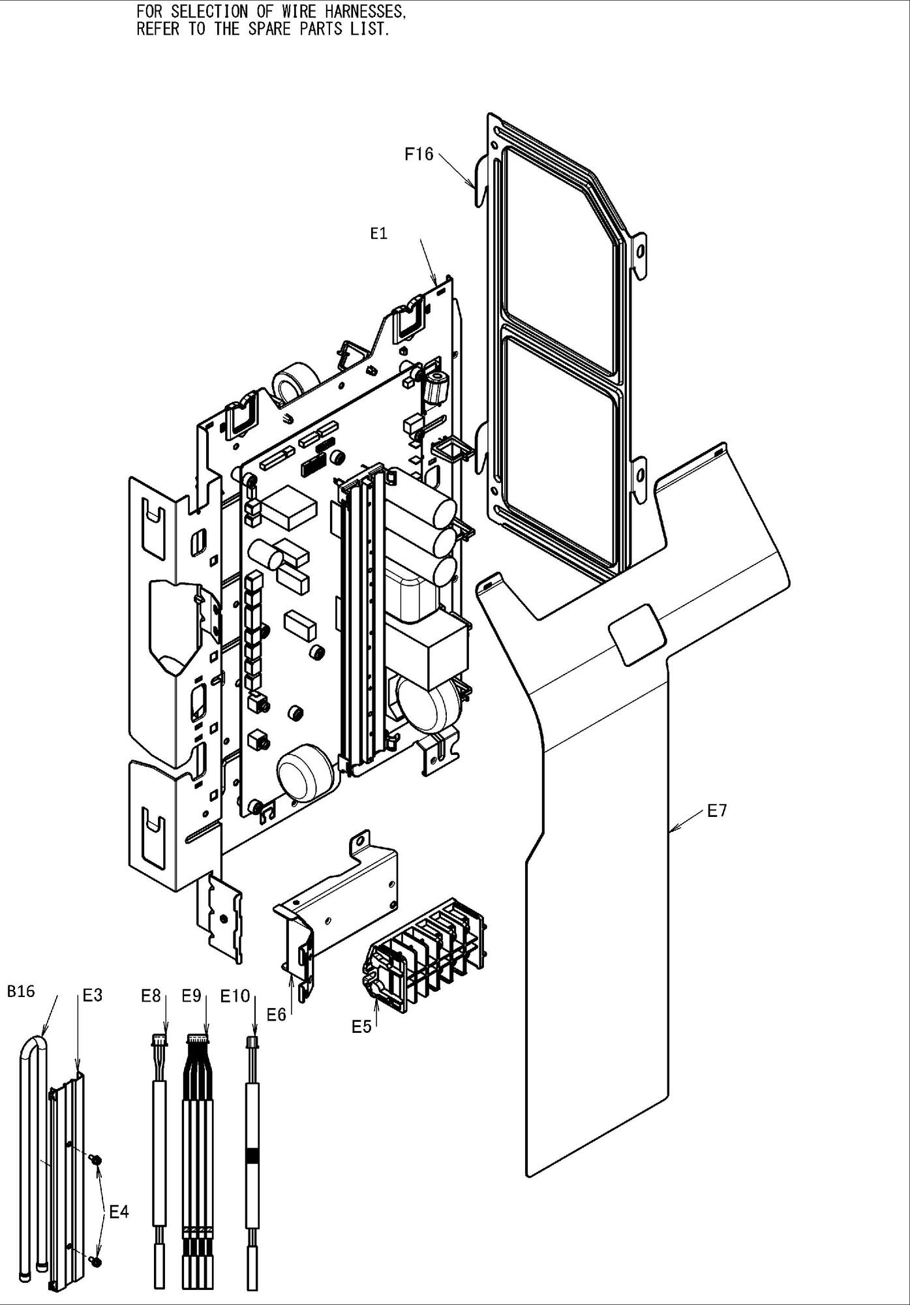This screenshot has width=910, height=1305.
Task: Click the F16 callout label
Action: pos(419,154)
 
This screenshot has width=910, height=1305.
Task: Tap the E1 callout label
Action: pos(379,234)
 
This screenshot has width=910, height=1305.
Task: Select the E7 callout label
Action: pos(717,811)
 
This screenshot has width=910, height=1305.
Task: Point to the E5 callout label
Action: pos(361,1026)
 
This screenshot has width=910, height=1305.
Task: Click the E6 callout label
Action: pos(277,1015)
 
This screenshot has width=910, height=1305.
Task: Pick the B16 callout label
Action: pos(21,992)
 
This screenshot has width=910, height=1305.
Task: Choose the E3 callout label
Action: pos(93,996)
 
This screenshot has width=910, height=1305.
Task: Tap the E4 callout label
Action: pos(119,1212)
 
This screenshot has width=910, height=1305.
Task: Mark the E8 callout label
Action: pos(151,996)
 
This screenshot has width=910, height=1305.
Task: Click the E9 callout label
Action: pos(191,996)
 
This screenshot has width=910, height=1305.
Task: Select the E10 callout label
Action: pos(235,996)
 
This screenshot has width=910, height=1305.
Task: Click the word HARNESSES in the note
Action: pos(364,12)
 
